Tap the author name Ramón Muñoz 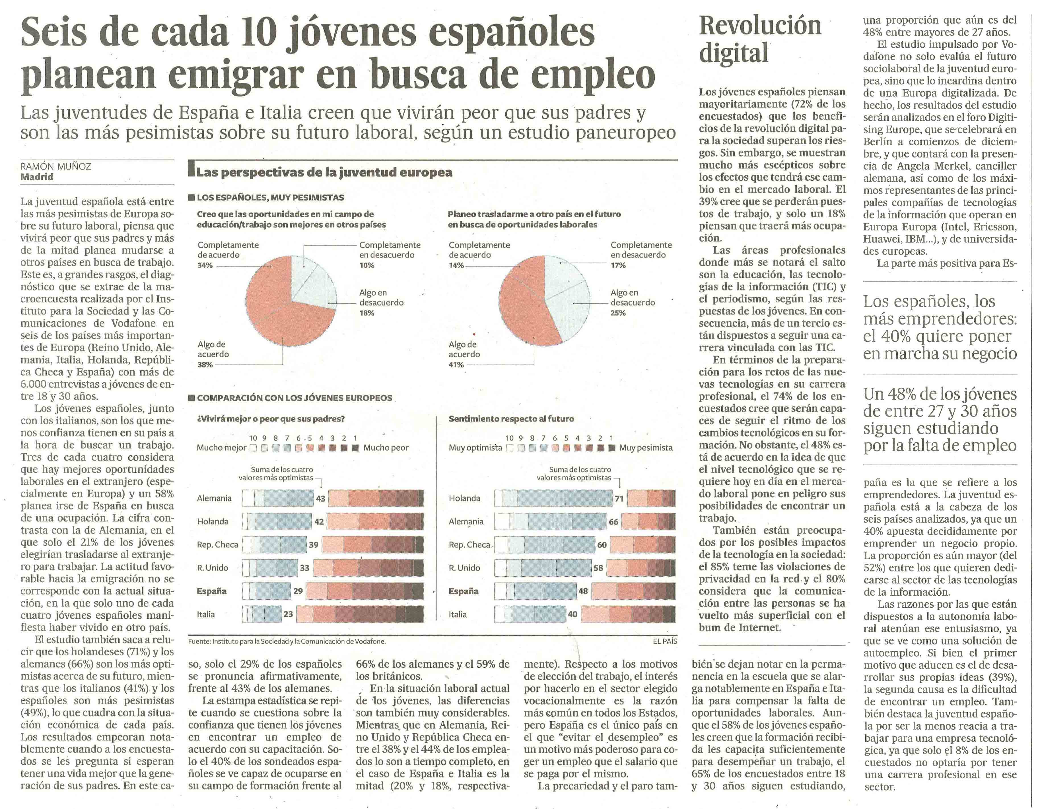[55, 166]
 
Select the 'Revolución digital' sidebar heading [759, 39]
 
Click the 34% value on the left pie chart [205, 266]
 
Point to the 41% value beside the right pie [456, 365]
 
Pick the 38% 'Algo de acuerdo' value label [205, 365]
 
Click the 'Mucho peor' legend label [386, 447]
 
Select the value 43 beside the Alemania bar [320, 498]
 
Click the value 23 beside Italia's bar [288, 614]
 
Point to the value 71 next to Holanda [619, 498]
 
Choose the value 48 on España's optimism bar [583, 591]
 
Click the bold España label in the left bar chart [211, 591]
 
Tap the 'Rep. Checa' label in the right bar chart [469, 545]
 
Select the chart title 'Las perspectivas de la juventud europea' [324, 172]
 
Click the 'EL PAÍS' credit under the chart [664, 641]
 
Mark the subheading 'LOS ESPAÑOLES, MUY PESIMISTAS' [270, 198]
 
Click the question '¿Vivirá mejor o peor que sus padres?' [271, 419]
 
